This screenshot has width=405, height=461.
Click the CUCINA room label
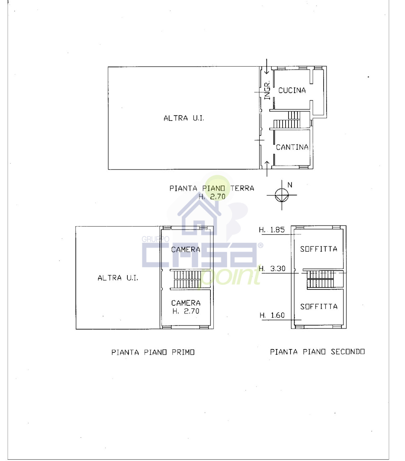[x=292, y=90]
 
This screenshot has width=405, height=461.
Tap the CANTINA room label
[x=292, y=147]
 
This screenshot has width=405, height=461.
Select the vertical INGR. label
[x=267, y=90]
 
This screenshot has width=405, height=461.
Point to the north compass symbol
[x=282, y=195]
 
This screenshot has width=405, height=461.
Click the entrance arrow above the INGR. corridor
[x=267, y=67]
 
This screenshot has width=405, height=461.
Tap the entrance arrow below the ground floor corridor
[x=267, y=169]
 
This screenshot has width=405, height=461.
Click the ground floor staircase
[x=287, y=120]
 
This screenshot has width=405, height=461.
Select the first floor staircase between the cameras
[x=187, y=279]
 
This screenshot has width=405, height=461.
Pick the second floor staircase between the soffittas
[x=320, y=279]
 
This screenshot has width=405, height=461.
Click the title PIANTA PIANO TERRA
[x=212, y=188]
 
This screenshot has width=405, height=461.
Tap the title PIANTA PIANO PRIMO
[x=153, y=352]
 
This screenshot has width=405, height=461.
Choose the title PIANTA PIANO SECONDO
[x=317, y=352]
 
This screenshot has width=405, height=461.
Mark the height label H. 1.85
[x=272, y=230]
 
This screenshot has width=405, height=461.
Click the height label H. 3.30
[x=272, y=269]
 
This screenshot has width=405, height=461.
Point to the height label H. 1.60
[x=272, y=315]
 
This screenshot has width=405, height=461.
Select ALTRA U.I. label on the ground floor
[x=184, y=118]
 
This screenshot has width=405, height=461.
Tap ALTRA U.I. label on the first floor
[x=118, y=278]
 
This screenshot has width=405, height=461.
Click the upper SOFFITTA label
[x=319, y=249]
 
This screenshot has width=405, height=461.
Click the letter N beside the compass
[x=290, y=185]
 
